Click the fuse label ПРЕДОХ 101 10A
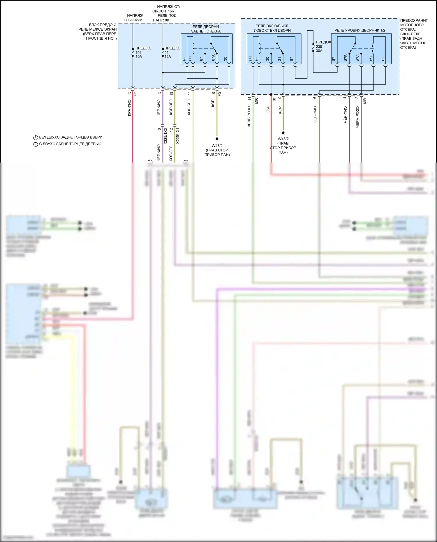click(142, 52)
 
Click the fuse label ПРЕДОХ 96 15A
click(172, 52)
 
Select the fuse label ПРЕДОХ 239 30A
click(323, 46)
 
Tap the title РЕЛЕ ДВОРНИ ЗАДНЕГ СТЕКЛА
click(206, 29)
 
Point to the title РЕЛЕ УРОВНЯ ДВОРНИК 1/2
click(360, 30)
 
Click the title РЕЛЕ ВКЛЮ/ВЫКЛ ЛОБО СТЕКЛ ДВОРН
click(272, 28)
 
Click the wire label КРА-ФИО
click(129, 108)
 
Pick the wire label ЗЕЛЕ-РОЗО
click(249, 116)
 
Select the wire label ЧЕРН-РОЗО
click(357, 117)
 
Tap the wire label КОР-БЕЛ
click(189, 107)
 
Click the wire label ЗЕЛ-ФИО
click(315, 114)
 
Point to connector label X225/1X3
click(165, 136)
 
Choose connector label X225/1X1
click(178, 135)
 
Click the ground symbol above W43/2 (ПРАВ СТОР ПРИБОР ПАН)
click(217, 140)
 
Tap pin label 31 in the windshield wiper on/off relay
click(280, 59)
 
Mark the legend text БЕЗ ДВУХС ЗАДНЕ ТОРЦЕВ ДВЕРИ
click(71, 137)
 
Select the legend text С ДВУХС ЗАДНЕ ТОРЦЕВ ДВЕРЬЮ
click(70, 144)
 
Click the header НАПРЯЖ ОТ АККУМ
click(134, 18)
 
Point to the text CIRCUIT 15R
click(163, 11)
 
